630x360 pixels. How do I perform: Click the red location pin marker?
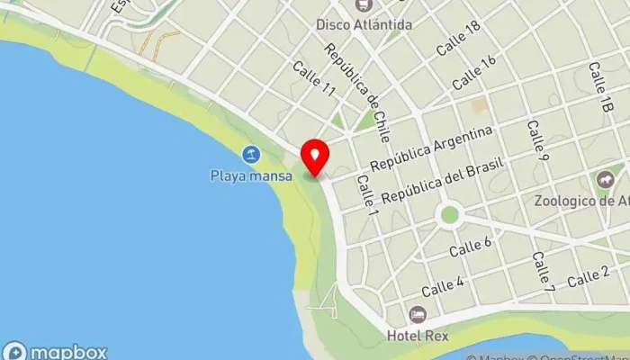(314, 157)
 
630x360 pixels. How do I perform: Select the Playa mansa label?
(252, 175)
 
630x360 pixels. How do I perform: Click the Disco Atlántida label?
(364, 24)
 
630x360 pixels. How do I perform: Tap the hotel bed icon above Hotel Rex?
(417, 314)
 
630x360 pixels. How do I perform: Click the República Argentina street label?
(432, 149)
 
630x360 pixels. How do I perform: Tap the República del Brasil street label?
(442, 183)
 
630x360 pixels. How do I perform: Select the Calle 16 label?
(473, 72)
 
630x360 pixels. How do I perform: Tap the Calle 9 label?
(538, 140)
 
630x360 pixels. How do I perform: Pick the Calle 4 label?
(443, 287)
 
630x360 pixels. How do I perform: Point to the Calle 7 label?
(542, 270)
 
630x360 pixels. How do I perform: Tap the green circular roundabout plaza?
(449, 215)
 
